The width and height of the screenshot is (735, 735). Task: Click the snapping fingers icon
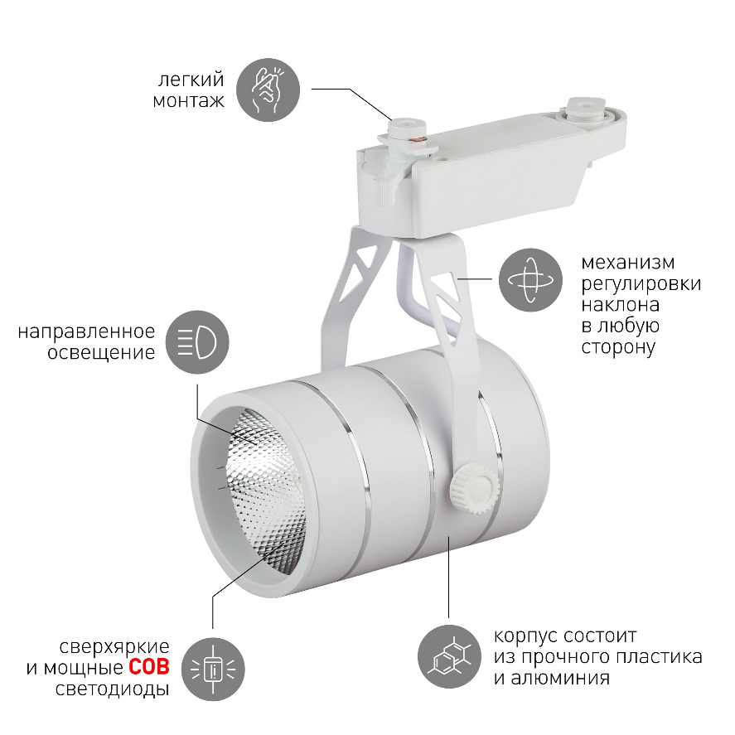(268, 89)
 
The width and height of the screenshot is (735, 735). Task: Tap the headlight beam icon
(197, 342)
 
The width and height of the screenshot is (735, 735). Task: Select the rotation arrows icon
(530, 280)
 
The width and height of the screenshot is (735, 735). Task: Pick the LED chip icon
(213, 669)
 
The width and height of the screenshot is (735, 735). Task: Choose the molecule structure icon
(449, 656)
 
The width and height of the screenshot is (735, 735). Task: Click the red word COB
(149, 668)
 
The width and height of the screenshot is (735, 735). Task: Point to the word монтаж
(188, 101)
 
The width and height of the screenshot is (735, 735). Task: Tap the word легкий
(191, 80)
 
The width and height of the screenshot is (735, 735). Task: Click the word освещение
(101, 352)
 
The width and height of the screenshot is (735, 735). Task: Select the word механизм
(628, 262)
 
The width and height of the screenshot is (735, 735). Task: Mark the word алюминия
(560, 679)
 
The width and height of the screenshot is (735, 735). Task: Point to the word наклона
(620, 305)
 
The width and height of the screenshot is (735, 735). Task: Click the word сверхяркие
(114, 647)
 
